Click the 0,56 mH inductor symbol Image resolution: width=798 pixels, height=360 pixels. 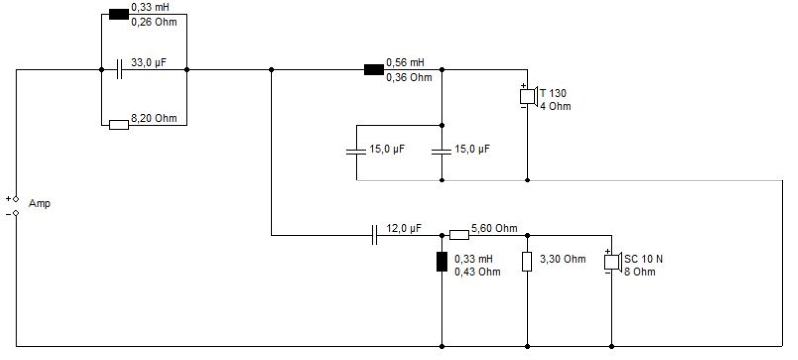click(x=374, y=69)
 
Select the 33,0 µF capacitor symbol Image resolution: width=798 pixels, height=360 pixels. click(x=119, y=69)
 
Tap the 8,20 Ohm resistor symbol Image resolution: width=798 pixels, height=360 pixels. click(x=119, y=125)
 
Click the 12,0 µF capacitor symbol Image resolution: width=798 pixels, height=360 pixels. click(x=375, y=235)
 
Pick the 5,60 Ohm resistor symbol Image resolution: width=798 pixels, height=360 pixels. click(x=459, y=235)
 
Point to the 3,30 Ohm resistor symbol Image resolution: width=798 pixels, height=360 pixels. click(x=527, y=262)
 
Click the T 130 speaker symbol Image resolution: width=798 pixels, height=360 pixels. click(x=529, y=96)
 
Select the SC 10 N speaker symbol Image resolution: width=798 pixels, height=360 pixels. click(x=613, y=262)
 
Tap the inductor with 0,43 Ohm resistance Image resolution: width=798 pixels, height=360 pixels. click(x=442, y=262)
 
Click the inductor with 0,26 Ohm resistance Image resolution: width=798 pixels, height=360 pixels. click(x=119, y=14)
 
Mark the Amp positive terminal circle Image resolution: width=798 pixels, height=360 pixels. click(x=16, y=199)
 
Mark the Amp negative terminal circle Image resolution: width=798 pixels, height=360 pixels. click(x=16, y=213)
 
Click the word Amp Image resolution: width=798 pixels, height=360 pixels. click(x=39, y=203)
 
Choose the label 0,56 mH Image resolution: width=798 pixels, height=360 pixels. click(x=405, y=63)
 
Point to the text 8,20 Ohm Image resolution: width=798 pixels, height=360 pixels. click(x=154, y=118)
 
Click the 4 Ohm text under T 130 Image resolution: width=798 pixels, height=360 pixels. click(x=556, y=106)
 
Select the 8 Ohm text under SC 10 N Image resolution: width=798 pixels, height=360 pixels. click(x=640, y=272)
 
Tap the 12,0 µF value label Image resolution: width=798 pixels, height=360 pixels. click(x=404, y=228)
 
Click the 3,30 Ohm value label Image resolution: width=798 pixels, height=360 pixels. click(x=563, y=259)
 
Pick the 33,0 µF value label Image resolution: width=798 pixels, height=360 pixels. click(x=149, y=63)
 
